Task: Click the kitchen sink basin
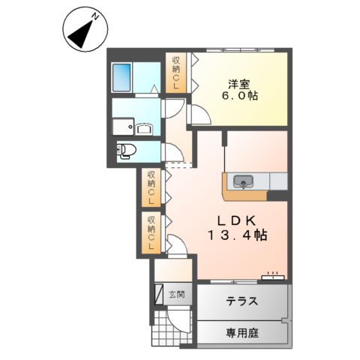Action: [x=244, y=181]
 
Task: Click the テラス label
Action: [x=241, y=302]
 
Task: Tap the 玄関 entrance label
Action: [x=181, y=294]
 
